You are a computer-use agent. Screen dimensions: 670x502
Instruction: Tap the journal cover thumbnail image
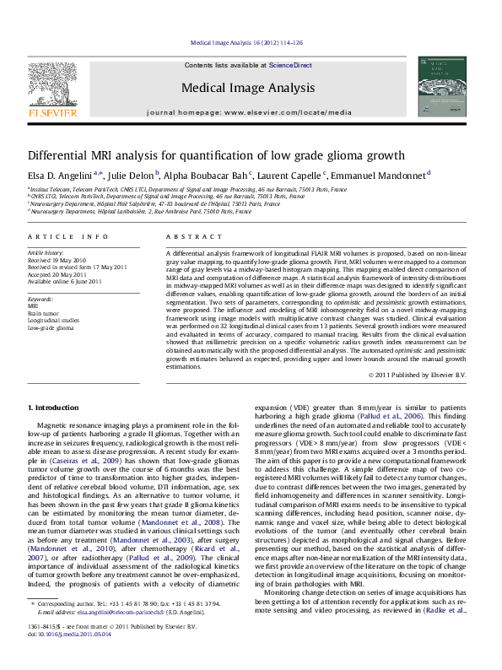441,85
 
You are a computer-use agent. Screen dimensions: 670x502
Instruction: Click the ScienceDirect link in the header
290,65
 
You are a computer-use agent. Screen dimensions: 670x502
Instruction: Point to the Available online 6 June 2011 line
64,282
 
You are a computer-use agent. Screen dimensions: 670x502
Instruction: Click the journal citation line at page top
251,41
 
